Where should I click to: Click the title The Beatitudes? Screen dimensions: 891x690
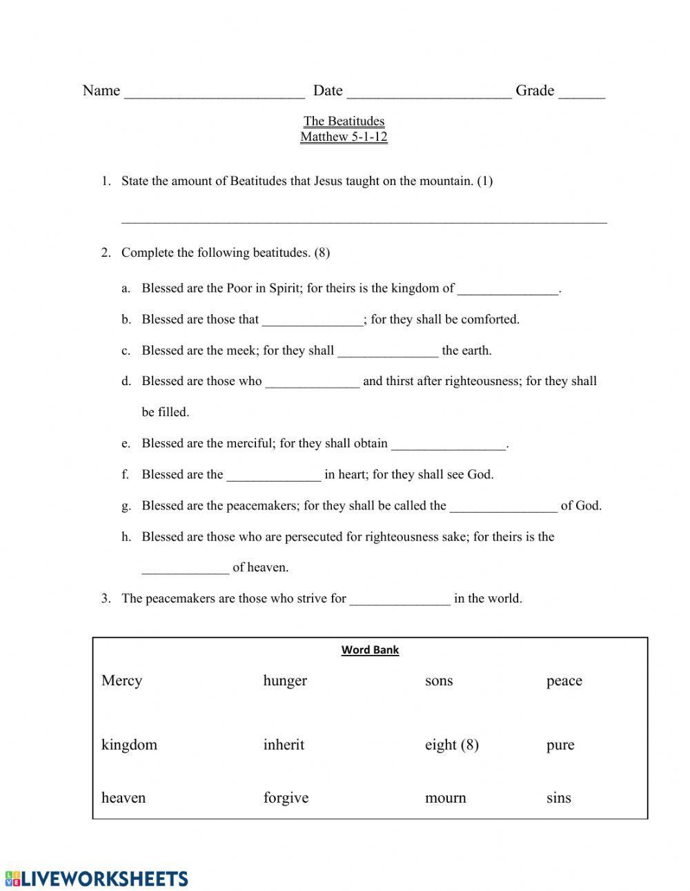pos(344,121)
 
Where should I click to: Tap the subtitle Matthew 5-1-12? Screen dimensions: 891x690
pos(344,137)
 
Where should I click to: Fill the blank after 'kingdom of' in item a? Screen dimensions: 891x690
pos(507,290)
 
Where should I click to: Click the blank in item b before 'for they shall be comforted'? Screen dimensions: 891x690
pos(313,321)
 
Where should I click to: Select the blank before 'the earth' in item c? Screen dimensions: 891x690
pos(388,352)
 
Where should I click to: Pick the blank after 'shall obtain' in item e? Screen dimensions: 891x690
pos(448,445)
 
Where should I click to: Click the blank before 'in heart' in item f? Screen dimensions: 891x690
pos(273,476)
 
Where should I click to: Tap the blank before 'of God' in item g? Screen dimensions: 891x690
pos(503,507)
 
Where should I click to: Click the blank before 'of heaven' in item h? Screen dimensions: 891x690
pos(185,569)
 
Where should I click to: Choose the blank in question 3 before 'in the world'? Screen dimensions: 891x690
pos(400,600)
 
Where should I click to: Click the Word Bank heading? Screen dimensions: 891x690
pos(370,649)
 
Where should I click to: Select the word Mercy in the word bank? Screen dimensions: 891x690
pos(121,681)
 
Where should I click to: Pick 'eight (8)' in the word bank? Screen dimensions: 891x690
pos(451,745)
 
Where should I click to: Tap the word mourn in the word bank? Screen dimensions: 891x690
pos(445,798)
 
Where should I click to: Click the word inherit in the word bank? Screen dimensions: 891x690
pos(283,745)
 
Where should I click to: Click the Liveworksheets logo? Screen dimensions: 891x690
pos(97,878)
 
